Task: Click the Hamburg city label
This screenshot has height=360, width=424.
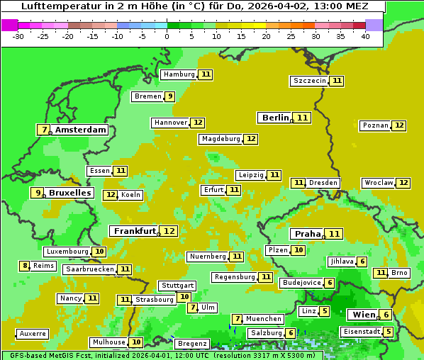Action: (x=179, y=74)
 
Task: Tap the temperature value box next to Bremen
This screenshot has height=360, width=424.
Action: (x=169, y=96)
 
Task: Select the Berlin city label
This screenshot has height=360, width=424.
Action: (x=275, y=118)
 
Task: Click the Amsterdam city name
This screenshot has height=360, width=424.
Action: (x=81, y=130)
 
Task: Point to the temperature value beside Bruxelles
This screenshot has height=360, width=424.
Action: (x=38, y=192)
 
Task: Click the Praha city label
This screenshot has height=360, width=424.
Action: (x=308, y=234)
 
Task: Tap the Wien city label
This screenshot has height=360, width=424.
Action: (x=363, y=315)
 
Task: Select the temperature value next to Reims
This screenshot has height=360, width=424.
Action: (x=25, y=266)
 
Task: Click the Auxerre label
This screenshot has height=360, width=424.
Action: (x=33, y=333)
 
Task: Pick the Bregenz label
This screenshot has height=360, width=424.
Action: (x=191, y=344)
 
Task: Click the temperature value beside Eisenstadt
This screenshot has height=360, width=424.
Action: (x=388, y=332)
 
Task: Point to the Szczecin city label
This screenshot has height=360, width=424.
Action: (x=310, y=81)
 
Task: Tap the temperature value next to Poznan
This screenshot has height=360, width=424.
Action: (x=399, y=125)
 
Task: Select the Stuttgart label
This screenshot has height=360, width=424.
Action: (x=177, y=286)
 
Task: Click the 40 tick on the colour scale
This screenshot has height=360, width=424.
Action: (x=365, y=35)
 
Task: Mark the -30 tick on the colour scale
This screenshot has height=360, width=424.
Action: (x=18, y=35)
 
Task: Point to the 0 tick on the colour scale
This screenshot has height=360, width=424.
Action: (x=167, y=35)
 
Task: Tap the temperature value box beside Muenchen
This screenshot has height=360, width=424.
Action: (x=238, y=319)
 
